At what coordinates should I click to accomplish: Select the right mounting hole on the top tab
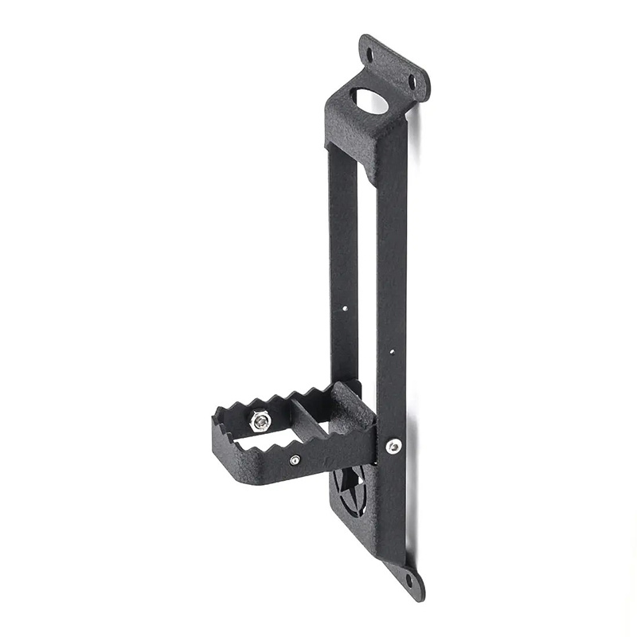click(x=412, y=80)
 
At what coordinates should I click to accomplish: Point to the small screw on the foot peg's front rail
click(x=295, y=459)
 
